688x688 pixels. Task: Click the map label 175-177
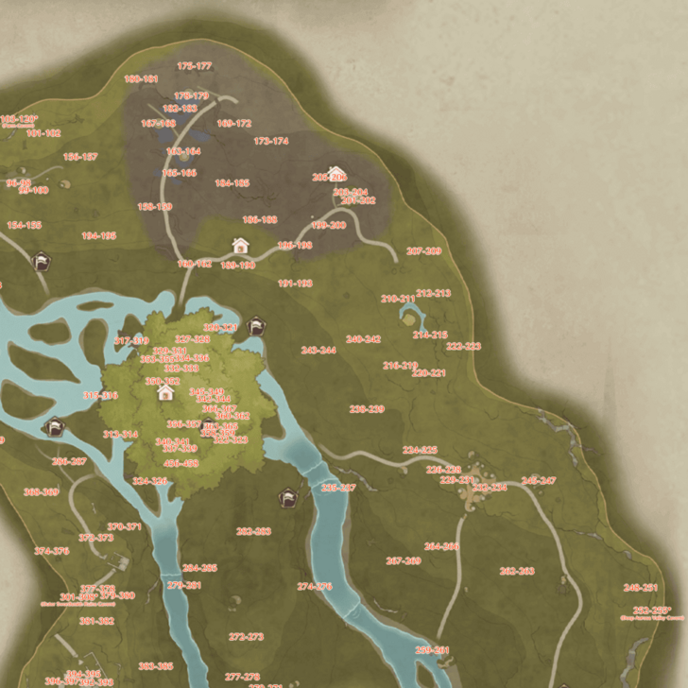(194, 66)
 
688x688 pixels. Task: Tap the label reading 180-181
(141, 79)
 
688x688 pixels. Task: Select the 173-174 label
(271, 141)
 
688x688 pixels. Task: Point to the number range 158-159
(155, 206)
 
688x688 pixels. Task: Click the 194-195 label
(98, 235)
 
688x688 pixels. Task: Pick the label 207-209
(423, 251)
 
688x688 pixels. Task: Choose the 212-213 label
(433, 293)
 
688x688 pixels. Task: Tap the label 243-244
(318, 350)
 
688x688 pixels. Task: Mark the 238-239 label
(367, 409)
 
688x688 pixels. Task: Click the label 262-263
(517, 571)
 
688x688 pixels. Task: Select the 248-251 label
(641, 587)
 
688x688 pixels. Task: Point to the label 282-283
(253, 531)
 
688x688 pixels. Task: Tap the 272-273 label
(246, 636)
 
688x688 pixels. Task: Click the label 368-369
(41, 491)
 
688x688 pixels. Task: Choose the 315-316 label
(101, 396)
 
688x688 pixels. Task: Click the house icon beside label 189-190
(240, 246)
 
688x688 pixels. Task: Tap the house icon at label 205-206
(336, 174)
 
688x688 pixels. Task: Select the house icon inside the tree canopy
(165, 391)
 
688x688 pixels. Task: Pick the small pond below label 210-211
(409, 317)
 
